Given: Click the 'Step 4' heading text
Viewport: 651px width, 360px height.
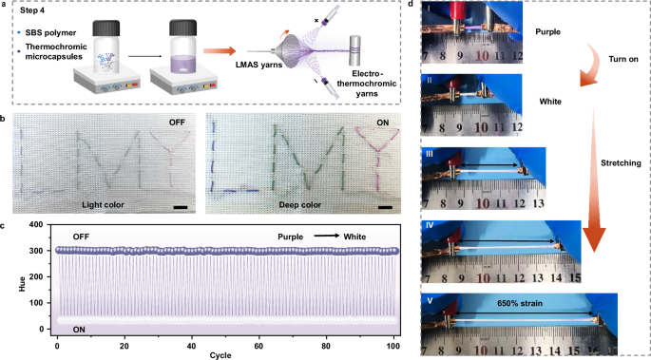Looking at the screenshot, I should [37, 19].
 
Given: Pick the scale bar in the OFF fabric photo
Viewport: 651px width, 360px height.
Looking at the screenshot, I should [178, 201].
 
